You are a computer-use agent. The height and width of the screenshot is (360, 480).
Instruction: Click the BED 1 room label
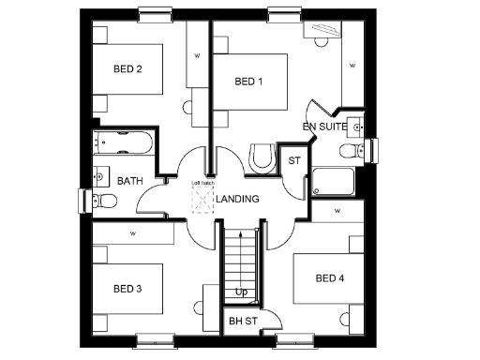[x=247, y=82]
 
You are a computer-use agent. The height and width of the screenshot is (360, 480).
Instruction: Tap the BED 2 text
[x=127, y=68]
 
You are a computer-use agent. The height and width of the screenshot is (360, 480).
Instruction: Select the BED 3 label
[x=127, y=288]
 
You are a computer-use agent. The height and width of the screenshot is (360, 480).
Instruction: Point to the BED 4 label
[x=330, y=278]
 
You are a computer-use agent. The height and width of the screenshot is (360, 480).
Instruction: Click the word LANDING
[x=237, y=199]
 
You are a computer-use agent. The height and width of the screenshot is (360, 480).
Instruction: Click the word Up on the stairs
[x=241, y=292]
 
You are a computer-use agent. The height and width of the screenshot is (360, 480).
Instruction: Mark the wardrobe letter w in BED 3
[x=133, y=232]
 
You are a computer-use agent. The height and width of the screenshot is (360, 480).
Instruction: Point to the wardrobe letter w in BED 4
[x=335, y=211]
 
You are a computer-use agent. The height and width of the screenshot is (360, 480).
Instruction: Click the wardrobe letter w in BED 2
[x=197, y=56]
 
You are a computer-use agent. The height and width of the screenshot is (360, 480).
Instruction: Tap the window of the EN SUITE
[x=374, y=150]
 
